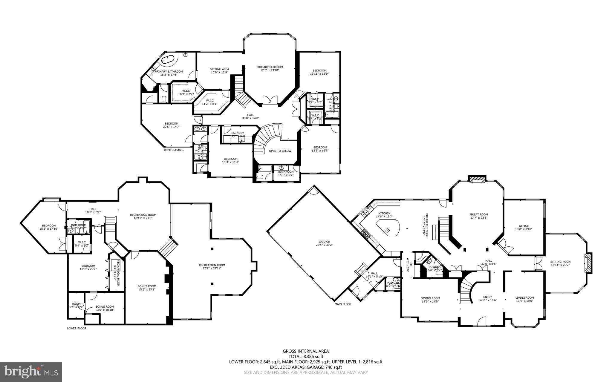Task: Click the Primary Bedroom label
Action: [x=270, y=67]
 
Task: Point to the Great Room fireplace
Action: [x=477, y=179]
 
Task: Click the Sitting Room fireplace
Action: [x=588, y=263]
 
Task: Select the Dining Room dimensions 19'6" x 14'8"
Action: [x=430, y=301]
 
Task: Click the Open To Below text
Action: [x=280, y=151]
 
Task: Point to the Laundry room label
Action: [x=238, y=133]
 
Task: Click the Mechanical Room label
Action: [x=118, y=273]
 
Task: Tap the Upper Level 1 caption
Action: [x=174, y=150]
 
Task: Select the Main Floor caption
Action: [x=343, y=304]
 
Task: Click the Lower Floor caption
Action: [x=76, y=328]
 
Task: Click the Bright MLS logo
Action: [x=31, y=371]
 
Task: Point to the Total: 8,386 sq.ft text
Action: [x=306, y=356]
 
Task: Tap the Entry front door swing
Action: [x=481, y=321]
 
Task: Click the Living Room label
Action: [x=524, y=297]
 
